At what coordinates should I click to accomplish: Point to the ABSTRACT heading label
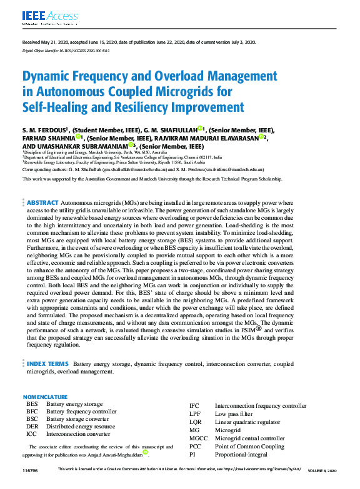point(42,203)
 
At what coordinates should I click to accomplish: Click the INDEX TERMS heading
point(47,363)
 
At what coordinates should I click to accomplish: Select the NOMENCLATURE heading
point(45,397)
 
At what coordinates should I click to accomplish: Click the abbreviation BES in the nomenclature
point(32,405)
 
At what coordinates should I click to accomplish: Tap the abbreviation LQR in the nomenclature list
point(195,422)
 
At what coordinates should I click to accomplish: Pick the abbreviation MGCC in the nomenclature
point(198,438)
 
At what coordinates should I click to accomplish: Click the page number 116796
point(30,469)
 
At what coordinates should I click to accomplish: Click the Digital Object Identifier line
point(66,51)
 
